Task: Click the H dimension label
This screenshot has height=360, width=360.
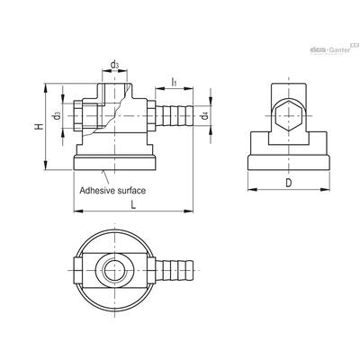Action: [39, 127]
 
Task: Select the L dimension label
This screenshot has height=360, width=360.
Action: [133, 205]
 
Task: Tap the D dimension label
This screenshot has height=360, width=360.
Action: [288, 183]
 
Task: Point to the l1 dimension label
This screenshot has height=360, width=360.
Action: [174, 82]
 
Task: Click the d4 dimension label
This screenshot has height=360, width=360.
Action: [205, 115]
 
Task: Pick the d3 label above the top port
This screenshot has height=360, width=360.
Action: [114, 65]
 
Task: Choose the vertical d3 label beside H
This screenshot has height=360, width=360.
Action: [57, 115]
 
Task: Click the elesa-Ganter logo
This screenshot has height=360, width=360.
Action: [334, 49]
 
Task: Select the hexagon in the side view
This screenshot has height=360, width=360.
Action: [288, 115]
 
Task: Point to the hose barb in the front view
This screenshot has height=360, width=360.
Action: [174, 115]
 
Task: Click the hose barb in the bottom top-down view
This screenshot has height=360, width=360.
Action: [174, 270]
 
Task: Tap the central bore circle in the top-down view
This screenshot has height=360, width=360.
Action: [114, 270]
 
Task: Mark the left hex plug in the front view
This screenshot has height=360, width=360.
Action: [77, 115]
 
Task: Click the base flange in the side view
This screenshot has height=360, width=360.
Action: [289, 163]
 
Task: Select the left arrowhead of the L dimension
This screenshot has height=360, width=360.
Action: [78, 211]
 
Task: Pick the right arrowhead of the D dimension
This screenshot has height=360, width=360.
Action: [326, 189]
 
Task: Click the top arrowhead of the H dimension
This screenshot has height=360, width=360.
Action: [46, 88]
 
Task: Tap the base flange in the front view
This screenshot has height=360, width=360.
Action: [114, 163]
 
